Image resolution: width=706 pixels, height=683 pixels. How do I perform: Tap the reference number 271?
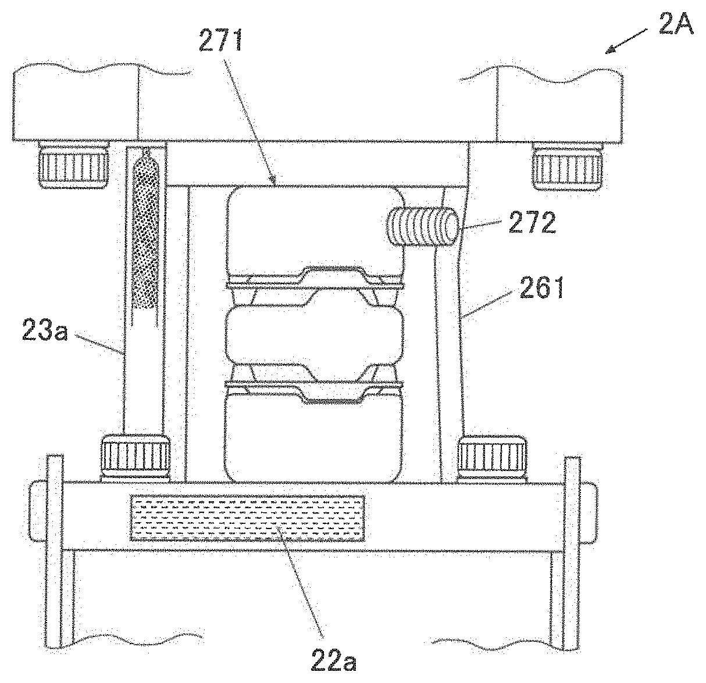click(220, 40)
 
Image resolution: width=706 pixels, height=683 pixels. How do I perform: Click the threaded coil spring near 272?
click(422, 227)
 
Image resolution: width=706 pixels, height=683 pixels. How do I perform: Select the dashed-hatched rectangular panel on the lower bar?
click(248, 519)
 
